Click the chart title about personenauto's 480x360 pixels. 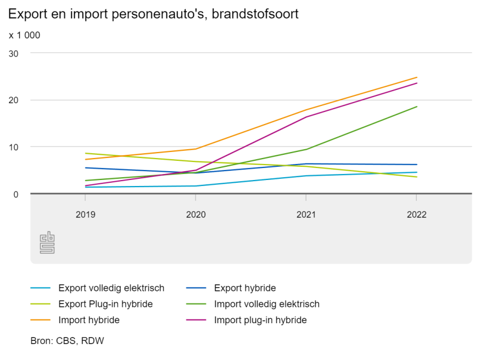tap(154, 14)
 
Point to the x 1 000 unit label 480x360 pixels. tap(25, 35)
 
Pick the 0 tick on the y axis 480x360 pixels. tap(16, 194)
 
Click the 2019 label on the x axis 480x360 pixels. tap(85, 215)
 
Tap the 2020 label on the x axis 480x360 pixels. tap(196, 215)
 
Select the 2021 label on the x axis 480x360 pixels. tap(306, 215)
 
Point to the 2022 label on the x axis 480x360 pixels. tap(416, 215)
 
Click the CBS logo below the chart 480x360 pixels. tap(47, 242)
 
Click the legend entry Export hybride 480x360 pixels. tap(244, 288)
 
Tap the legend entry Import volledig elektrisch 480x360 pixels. tap(266, 303)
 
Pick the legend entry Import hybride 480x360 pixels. tap(88, 319)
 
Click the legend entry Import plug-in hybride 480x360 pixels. tap(260, 319)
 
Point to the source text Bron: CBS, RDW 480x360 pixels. tap(67, 341)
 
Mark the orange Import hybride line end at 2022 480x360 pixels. tap(417, 77)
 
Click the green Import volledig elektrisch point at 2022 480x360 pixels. tap(417, 106)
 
